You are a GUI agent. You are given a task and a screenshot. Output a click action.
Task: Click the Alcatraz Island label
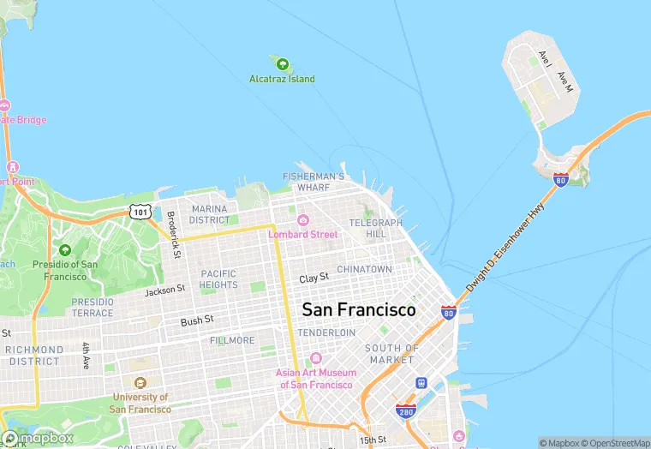click(282, 79)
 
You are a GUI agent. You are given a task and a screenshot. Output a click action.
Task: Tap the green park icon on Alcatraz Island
click(281, 63)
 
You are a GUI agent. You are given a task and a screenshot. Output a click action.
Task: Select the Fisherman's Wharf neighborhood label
click(314, 182)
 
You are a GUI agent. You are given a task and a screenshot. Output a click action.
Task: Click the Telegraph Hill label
click(375, 228)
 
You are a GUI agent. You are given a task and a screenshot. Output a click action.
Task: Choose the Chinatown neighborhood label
click(364, 269)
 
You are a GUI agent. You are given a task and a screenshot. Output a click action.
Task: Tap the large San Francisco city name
click(358, 309)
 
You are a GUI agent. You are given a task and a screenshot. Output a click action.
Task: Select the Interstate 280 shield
click(406, 411)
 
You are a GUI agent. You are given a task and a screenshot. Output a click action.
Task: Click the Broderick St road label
click(172, 235)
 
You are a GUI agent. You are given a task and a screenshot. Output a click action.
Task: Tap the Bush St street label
click(197, 321)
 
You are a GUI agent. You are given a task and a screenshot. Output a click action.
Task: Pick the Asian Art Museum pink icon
click(315, 358)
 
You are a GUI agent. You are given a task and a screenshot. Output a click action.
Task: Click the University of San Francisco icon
click(140, 382)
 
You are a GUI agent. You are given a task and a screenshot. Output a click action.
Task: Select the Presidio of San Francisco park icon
click(64, 250)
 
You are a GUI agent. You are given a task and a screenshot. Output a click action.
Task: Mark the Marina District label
click(209, 214)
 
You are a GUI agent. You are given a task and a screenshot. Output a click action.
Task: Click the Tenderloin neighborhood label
click(325, 332)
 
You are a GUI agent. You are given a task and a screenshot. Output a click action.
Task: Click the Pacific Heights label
click(218, 279)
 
